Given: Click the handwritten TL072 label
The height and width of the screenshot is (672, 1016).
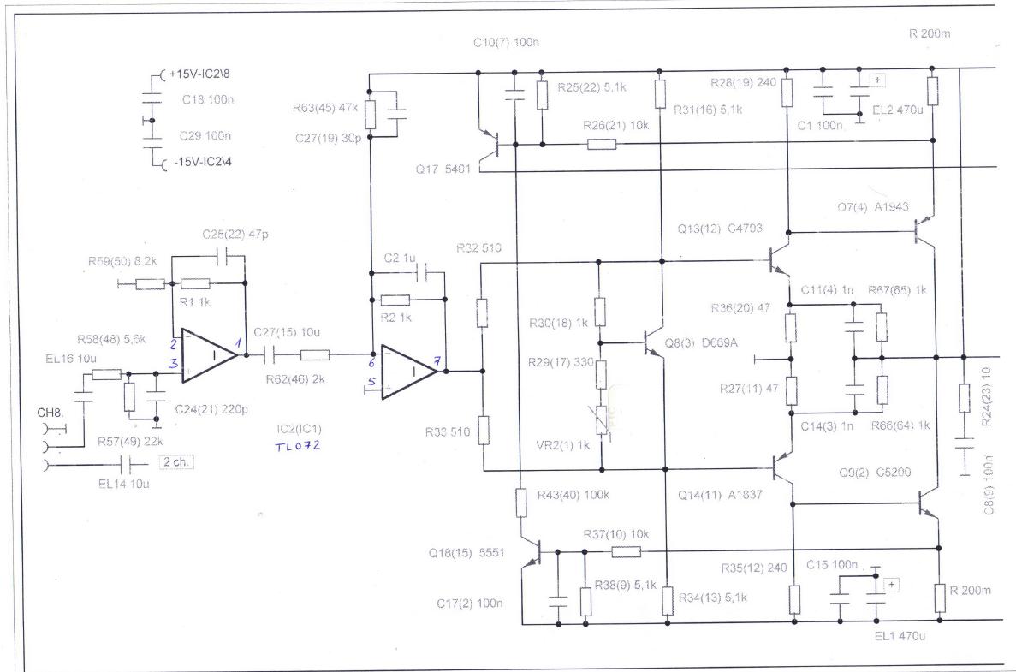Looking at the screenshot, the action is (297, 446).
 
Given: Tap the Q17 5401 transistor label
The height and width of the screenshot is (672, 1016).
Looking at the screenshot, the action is (443, 169).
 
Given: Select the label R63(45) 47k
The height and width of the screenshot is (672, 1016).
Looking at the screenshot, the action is (324, 108).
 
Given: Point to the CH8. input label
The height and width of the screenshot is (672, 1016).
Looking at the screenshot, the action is (50, 413).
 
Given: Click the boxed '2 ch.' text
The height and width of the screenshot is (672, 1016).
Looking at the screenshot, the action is (176, 462).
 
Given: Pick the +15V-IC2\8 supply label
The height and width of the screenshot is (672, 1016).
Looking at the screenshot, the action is (199, 74).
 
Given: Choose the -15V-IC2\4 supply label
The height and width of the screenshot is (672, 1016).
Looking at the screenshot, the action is (202, 162).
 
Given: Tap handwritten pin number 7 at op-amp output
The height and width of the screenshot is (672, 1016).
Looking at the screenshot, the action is (437, 361).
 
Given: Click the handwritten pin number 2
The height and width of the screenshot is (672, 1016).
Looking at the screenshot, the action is (174, 345).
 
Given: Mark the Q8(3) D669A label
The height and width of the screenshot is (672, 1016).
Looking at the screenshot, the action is (700, 342).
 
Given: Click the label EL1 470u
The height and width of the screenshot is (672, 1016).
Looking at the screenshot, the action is (900, 636).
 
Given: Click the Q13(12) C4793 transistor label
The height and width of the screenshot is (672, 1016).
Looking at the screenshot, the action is (720, 228).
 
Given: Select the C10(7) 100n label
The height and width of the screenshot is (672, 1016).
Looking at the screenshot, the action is (506, 43).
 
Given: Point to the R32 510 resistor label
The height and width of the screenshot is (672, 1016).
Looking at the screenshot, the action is (478, 248).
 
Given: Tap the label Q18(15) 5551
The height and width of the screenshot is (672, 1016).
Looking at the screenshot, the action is (466, 553).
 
